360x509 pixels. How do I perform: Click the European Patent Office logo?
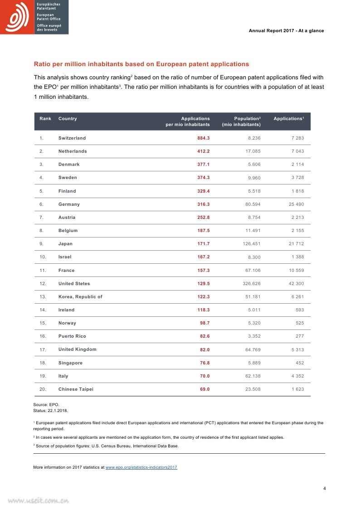tap(34, 17)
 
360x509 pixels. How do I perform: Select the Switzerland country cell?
tap(72, 138)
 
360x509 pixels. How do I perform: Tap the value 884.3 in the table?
tap(203, 138)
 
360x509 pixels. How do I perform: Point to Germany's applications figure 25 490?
tap(296, 204)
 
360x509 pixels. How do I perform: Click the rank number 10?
tap(43, 257)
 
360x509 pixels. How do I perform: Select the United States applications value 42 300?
tap(296, 284)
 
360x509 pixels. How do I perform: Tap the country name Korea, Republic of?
tap(80, 297)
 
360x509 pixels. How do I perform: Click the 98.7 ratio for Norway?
tap(204, 323)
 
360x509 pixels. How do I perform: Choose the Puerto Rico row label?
tap(72, 336)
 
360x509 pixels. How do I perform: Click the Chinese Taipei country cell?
tap(76, 389)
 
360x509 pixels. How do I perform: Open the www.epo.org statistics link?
tap(141, 467)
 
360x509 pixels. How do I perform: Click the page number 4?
tap(324, 488)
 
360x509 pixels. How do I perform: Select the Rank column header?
tap(45, 119)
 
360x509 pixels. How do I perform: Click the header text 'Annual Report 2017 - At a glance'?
tap(287, 31)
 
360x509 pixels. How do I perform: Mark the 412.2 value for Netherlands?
tap(203, 151)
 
